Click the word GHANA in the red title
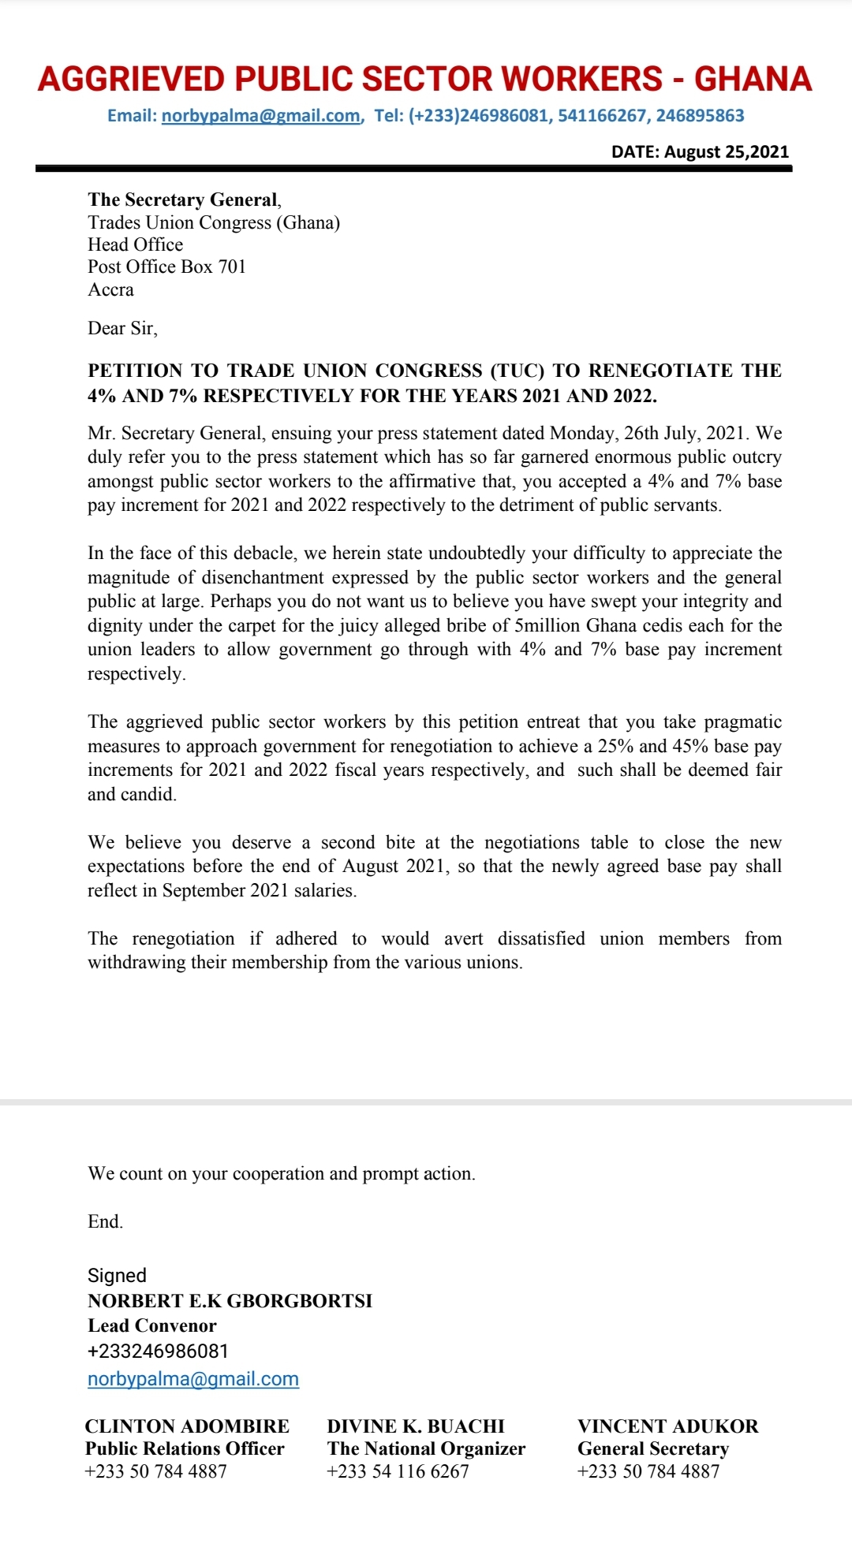click(x=753, y=79)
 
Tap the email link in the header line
click(x=261, y=116)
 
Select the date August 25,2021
click(x=726, y=151)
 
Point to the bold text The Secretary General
click(x=183, y=199)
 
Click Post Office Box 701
click(x=166, y=267)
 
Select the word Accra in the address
click(x=110, y=289)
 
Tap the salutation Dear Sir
click(x=122, y=328)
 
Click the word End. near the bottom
click(x=105, y=1221)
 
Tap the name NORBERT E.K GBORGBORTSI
click(x=230, y=1300)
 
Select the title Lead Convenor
click(x=151, y=1325)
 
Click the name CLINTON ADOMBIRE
click(x=187, y=1426)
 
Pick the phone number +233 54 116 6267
click(x=398, y=1471)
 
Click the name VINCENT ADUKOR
click(x=667, y=1426)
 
